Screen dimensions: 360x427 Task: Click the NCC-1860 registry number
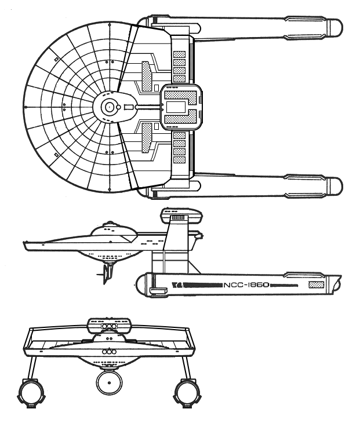[246, 285]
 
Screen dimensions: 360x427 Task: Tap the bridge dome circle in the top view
[109, 107]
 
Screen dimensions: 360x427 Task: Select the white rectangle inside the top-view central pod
[176, 107]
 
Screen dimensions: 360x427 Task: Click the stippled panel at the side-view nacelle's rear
[317, 285]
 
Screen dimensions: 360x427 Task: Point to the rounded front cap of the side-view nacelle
[141, 284]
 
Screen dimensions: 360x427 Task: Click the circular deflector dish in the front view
[109, 382]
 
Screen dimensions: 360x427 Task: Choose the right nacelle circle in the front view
[187, 392]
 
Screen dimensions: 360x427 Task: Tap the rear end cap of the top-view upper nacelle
[335, 27]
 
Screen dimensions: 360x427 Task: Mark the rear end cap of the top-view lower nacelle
[335, 186]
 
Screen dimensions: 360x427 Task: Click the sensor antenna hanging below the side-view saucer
[107, 273]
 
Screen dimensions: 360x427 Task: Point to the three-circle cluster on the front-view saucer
[110, 351]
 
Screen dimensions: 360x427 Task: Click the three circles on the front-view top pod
[109, 327]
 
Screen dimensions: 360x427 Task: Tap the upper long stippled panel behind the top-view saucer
[146, 76]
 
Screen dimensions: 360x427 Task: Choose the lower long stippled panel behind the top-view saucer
[146, 137]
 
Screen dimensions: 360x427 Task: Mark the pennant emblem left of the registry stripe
[178, 285]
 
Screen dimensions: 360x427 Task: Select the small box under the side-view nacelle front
[159, 291]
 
